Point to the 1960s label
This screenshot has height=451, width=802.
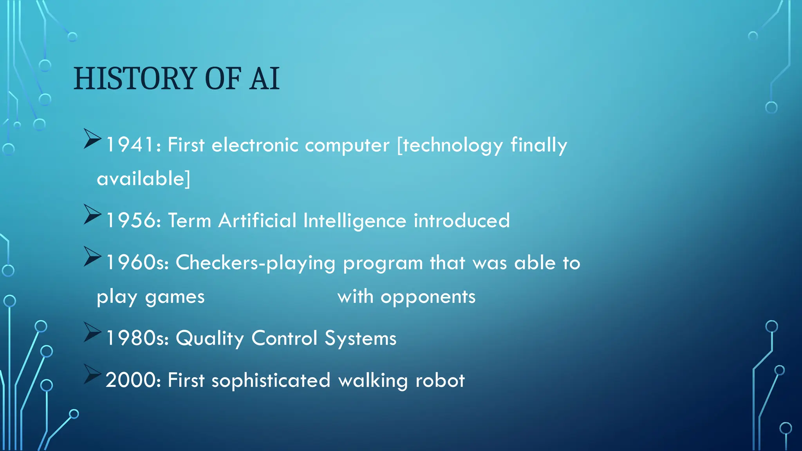137,262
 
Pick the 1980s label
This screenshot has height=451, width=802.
137,338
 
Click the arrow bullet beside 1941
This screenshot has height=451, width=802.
92,139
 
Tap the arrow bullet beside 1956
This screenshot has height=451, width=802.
92,215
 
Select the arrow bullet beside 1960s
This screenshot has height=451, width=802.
92,257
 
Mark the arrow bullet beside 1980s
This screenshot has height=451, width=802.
92,332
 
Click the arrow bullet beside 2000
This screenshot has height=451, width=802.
92,374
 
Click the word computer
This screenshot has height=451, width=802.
347,146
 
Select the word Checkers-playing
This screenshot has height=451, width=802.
255,263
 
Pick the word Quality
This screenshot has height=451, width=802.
210,339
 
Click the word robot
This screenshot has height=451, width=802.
440,380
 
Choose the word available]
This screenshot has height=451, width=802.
143,179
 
